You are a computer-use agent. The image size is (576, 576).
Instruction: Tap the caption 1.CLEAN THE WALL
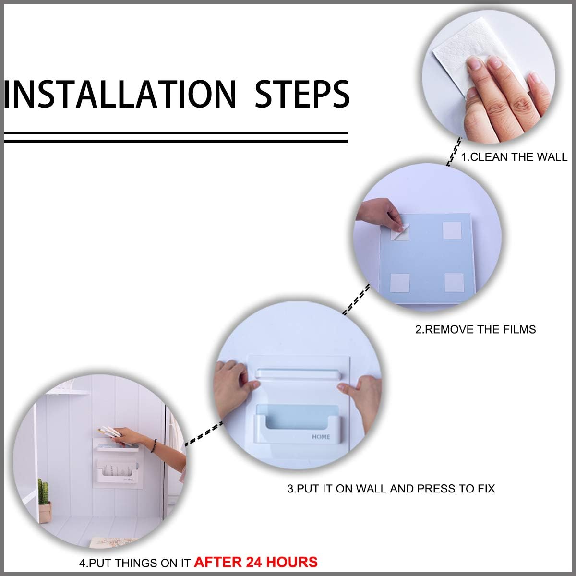[x=514, y=157]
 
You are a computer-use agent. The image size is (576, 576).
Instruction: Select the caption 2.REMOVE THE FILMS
[x=475, y=329]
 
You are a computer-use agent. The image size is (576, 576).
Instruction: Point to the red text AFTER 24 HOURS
[x=256, y=562]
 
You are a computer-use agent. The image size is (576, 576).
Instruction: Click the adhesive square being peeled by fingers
[x=400, y=232]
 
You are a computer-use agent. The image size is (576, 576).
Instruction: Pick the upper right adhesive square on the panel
[x=452, y=230]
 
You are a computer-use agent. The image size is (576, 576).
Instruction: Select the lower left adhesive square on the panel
[x=400, y=283]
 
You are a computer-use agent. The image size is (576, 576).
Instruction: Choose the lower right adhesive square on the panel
[x=454, y=282]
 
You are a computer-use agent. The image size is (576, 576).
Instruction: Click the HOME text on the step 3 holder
[x=321, y=437]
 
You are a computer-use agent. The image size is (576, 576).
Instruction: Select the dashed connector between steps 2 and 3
[x=356, y=300]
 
